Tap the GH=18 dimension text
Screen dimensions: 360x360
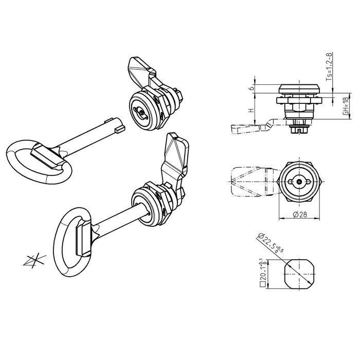(x=345, y=109)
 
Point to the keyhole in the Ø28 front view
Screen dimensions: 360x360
(x=298, y=182)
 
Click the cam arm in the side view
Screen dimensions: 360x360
(x=252, y=126)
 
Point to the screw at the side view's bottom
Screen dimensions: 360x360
(x=298, y=130)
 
